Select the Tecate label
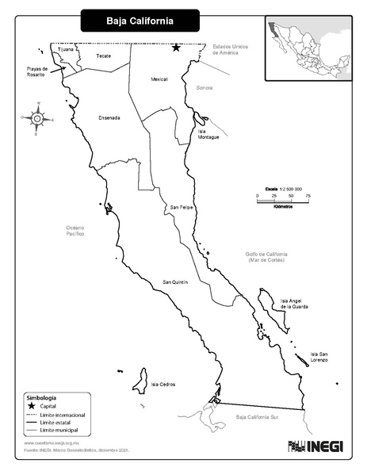(x=103, y=56)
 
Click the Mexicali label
(x=159, y=79)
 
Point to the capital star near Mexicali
(x=176, y=48)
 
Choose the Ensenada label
(x=109, y=118)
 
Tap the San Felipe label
(x=182, y=208)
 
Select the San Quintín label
(x=174, y=282)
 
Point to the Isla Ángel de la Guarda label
(x=296, y=304)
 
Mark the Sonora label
(x=205, y=88)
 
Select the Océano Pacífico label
(x=75, y=231)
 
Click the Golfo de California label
(x=266, y=256)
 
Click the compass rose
(x=36, y=120)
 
